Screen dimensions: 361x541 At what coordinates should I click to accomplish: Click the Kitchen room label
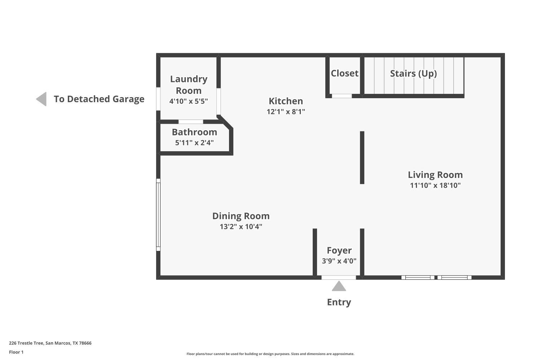286,101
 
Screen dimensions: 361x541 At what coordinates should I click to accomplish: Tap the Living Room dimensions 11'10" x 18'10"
435,186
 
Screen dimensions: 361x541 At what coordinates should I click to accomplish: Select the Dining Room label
241,216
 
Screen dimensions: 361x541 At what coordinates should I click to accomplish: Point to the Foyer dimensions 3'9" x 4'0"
339,261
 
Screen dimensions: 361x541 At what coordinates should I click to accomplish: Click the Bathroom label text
194,132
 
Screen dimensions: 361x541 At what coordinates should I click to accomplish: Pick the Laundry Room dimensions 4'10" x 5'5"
189,101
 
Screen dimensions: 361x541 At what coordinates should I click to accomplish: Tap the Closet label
344,73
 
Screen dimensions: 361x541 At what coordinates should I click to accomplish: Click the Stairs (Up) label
413,74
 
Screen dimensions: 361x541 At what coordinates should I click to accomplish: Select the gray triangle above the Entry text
339,287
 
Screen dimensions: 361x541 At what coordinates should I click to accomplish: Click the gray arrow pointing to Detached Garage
42,99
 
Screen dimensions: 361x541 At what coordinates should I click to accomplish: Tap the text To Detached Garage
99,99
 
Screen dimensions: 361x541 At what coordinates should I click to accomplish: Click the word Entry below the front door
339,302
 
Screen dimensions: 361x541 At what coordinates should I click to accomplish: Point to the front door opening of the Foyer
339,278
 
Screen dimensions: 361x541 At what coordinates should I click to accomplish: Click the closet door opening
342,96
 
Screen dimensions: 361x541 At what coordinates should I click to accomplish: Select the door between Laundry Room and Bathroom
191,122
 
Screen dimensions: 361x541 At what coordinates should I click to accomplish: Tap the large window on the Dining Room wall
158,215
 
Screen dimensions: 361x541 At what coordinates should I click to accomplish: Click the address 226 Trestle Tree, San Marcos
50,343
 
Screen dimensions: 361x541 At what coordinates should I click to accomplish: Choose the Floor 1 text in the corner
16,352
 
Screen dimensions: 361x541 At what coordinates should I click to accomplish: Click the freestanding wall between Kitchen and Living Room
362,157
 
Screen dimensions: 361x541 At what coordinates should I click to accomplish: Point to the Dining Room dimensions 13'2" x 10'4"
241,227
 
